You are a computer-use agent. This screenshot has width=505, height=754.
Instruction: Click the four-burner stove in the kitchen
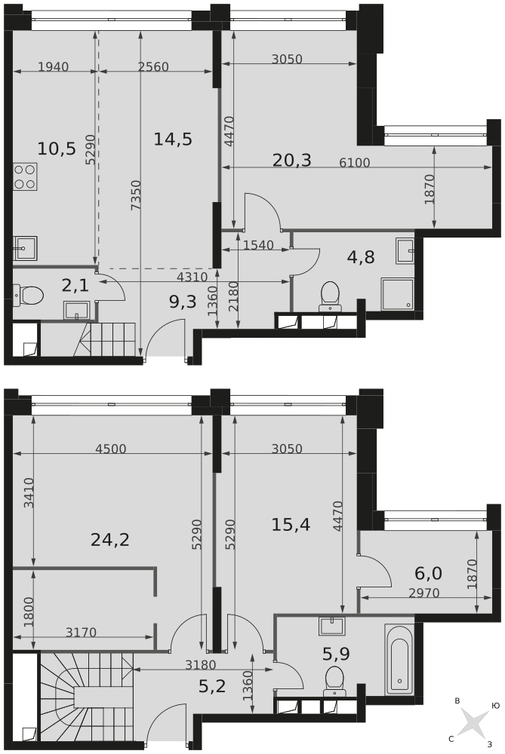[x=25, y=176]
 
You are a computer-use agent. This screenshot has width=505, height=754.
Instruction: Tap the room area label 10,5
[x=57, y=149]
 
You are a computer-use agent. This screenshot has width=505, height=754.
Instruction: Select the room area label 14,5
[x=173, y=139]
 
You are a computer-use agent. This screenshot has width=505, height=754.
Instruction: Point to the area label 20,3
[x=291, y=160]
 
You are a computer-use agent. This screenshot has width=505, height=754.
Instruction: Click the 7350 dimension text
[x=136, y=195]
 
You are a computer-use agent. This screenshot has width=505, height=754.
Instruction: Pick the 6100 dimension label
[x=354, y=163]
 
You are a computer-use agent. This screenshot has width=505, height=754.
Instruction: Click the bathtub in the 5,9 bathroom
[x=399, y=659]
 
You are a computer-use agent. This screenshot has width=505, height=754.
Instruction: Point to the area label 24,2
[x=110, y=540]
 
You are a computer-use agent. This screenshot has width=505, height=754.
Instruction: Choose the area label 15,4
[x=291, y=525]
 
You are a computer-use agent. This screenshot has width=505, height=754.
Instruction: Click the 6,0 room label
[x=428, y=573]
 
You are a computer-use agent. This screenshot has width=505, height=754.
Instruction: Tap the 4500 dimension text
[x=111, y=449]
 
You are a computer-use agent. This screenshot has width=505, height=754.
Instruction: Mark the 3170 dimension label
[x=81, y=633]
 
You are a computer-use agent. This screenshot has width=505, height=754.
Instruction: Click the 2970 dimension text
[x=424, y=593]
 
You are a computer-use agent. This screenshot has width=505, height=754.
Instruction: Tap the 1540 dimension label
[x=258, y=246]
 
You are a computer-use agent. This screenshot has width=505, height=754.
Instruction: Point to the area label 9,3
[x=183, y=302]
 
